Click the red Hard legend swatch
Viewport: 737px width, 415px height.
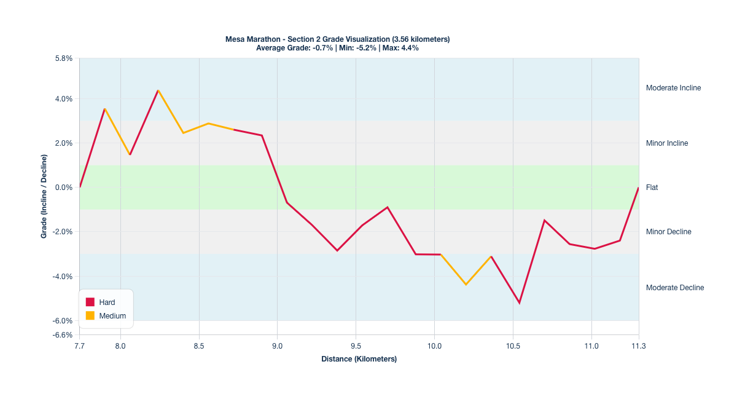pos(90,302)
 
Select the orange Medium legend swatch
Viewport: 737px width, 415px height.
pos(90,316)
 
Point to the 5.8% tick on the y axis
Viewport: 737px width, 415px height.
pos(64,58)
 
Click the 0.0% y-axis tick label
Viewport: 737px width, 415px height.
pos(64,188)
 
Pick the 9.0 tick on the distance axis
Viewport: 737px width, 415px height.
pos(277,347)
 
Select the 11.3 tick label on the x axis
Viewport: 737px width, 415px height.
pos(639,347)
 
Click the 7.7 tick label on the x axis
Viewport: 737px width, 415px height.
pos(79,347)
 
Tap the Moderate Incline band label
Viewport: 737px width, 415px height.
pos(673,88)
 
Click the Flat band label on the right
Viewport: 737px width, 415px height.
pos(652,188)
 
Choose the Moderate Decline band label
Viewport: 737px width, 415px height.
pos(675,288)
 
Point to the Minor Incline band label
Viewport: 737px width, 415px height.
pos(667,143)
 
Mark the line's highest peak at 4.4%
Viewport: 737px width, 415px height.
pos(158,90)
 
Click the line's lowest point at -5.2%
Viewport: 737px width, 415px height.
pos(519,302)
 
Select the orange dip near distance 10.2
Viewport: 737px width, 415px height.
pos(466,284)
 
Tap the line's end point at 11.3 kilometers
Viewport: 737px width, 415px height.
pos(639,188)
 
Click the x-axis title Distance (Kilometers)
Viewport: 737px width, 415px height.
pos(359,359)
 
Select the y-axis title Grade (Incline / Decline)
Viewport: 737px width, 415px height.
pos(44,197)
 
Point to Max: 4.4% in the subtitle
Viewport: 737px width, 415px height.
pos(400,48)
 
